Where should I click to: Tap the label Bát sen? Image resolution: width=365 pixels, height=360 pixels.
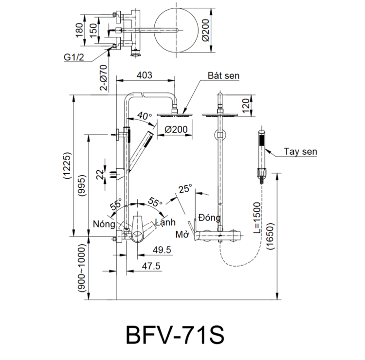[223, 76]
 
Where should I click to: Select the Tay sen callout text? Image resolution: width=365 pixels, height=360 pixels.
[301, 152]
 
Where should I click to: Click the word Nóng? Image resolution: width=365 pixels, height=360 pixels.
[104, 224]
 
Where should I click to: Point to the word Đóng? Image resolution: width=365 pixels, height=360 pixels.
[209, 217]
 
